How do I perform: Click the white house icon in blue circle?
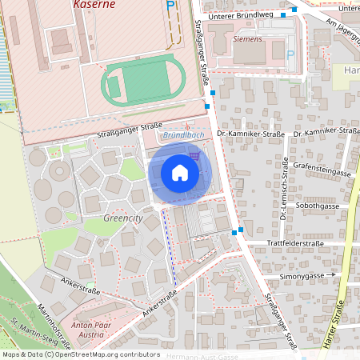pyautogui.click(x=180, y=172)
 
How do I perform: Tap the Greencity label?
pyautogui.click(x=122, y=218)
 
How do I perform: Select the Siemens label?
pyautogui.click(x=247, y=38)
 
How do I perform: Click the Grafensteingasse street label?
pyautogui.click(x=322, y=170)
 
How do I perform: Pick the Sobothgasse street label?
pyautogui.click(x=317, y=206)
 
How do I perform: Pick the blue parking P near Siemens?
pyautogui.click(x=290, y=54)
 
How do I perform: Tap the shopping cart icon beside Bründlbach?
pyautogui.click(x=193, y=154)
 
